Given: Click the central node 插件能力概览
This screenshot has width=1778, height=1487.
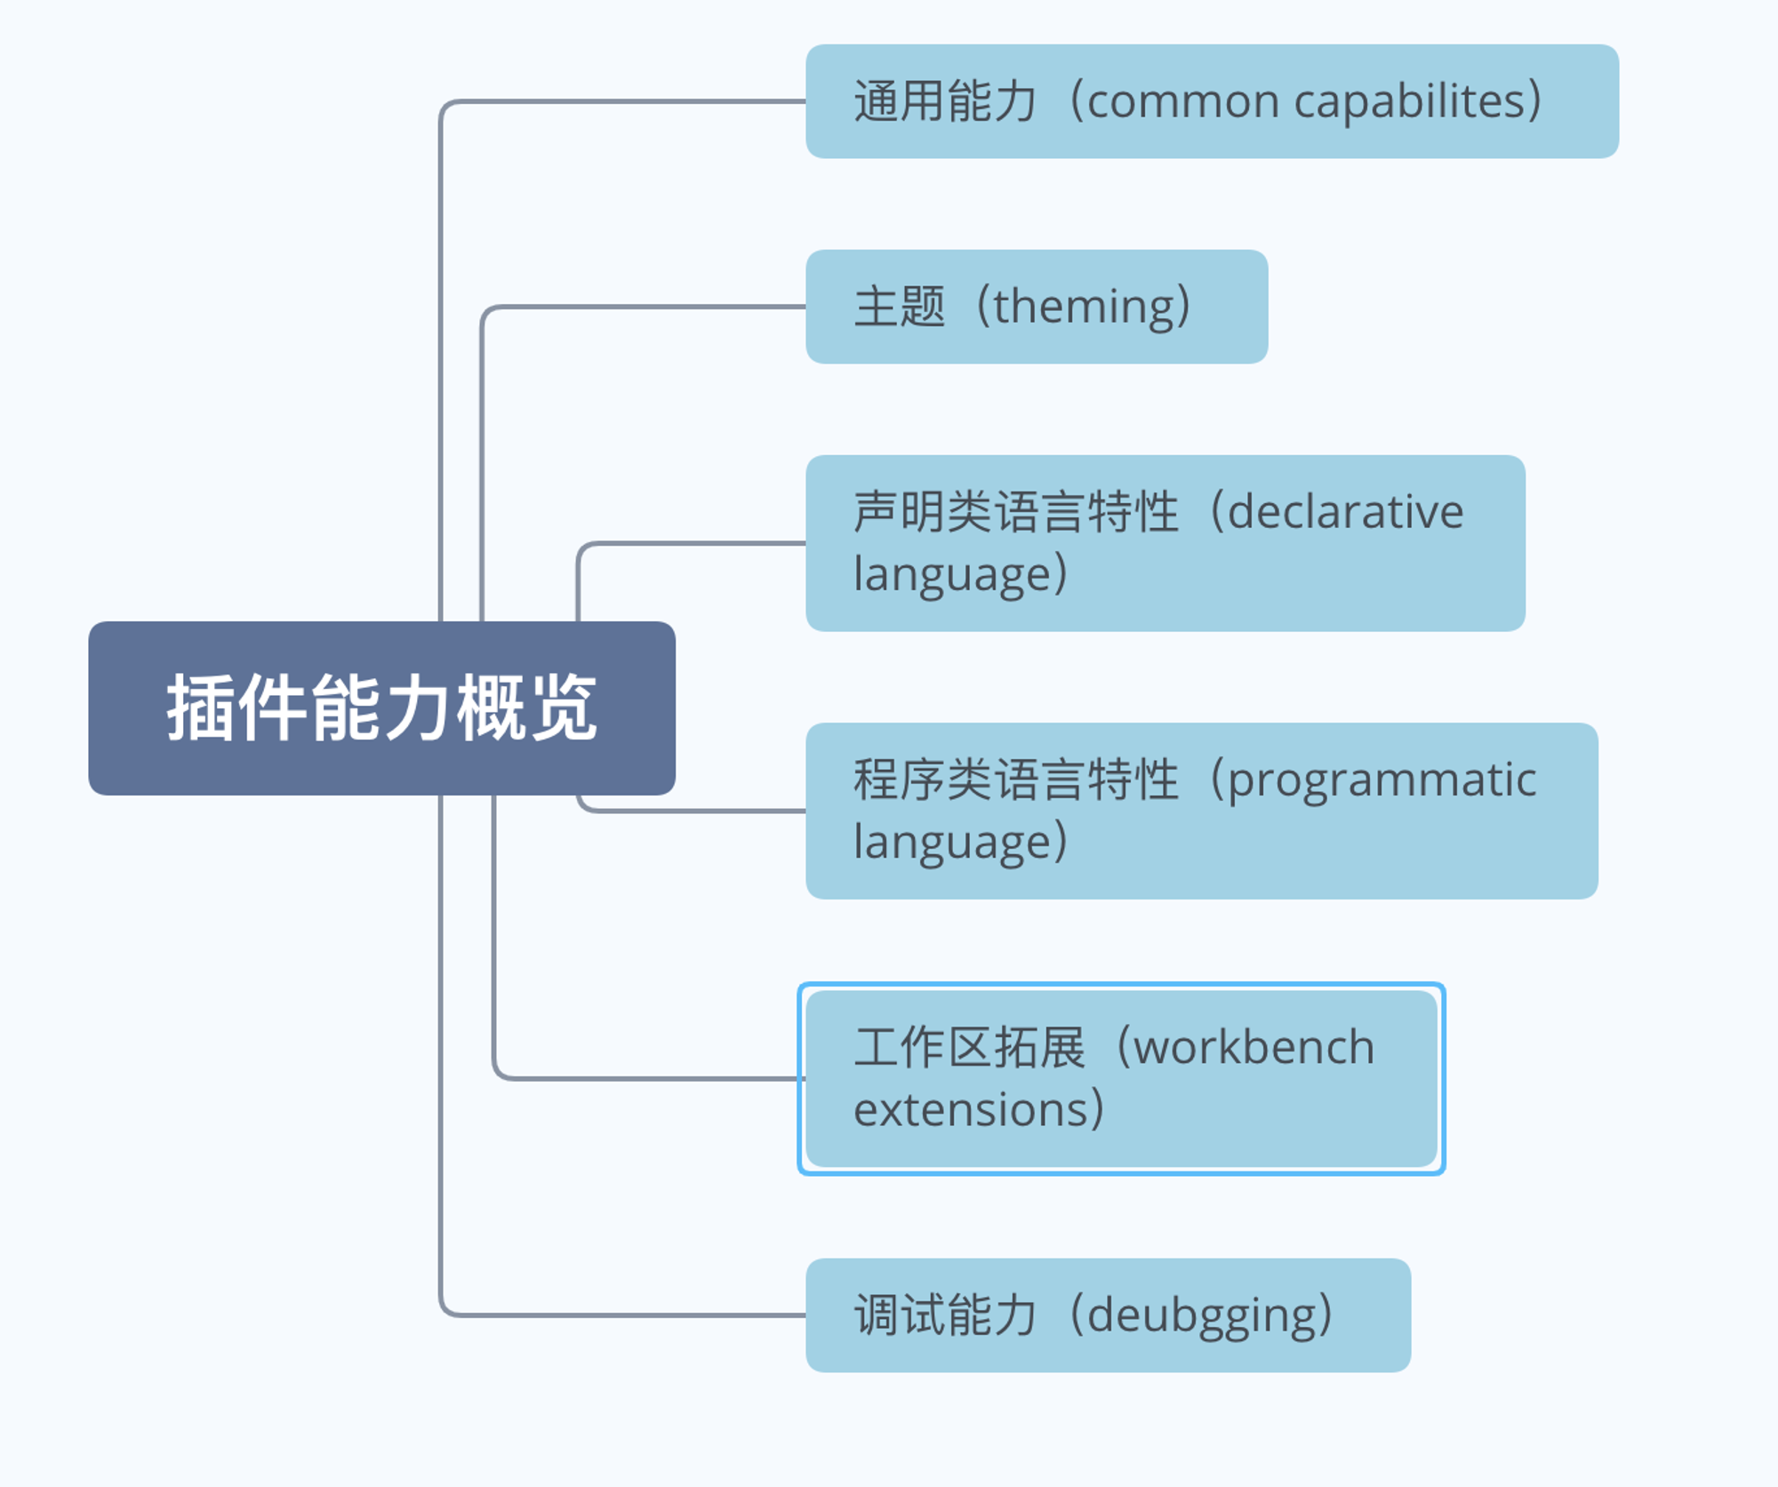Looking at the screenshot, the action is (381, 708).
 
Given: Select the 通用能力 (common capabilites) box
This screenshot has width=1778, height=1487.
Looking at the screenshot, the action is (1212, 101).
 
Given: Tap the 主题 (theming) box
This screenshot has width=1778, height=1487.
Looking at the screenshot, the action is (1037, 307).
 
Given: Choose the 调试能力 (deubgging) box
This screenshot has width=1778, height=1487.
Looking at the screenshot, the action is (1108, 1315).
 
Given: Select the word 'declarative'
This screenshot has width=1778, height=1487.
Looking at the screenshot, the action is (1345, 512).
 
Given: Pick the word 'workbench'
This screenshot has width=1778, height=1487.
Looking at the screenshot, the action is (1254, 1046).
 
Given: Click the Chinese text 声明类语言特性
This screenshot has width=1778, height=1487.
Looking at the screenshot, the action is (1016, 512).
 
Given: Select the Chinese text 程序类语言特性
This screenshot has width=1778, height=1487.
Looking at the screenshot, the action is (1016, 779).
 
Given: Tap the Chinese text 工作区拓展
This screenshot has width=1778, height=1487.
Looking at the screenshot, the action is (970, 1047).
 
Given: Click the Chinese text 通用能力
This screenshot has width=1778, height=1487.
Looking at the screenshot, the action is (946, 101).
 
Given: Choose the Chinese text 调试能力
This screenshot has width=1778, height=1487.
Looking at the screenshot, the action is (946, 1315).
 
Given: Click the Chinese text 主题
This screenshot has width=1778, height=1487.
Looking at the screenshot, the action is (900, 307).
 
